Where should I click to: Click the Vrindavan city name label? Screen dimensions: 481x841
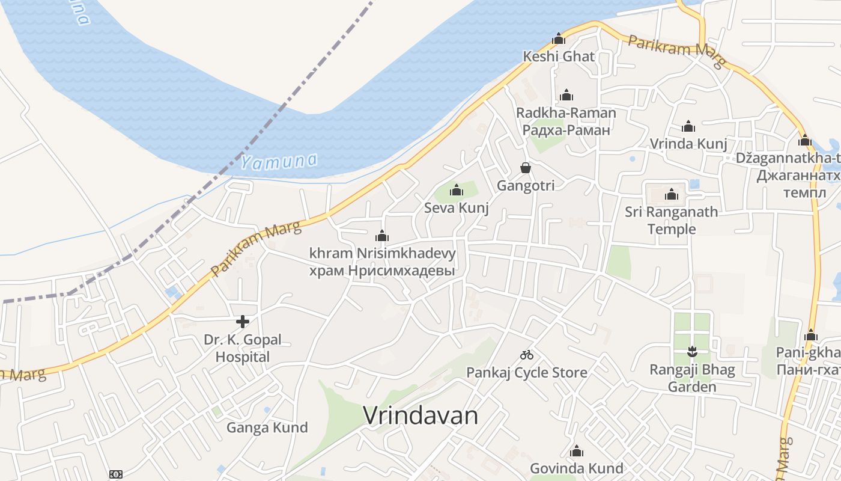click(x=421, y=415)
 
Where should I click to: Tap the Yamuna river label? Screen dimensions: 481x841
click(x=279, y=161)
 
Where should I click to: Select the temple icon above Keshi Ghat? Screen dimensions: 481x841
click(x=559, y=39)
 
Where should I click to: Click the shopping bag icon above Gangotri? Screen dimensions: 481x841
click(x=526, y=168)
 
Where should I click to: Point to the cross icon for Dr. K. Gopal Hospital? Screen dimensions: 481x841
click(x=243, y=322)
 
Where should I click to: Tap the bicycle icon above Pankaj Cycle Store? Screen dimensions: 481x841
click(x=527, y=355)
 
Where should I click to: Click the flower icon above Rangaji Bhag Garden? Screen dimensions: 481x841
click(x=692, y=351)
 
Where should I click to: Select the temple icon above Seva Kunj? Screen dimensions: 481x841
click(x=457, y=191)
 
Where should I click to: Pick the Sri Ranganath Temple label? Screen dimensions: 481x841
click(x=672, y=220)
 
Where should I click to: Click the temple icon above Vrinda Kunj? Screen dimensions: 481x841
click(x=688, y=126)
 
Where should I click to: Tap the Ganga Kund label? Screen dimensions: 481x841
click(x=267, y=427)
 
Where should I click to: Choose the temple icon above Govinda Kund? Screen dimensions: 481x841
click(x=577, y=451)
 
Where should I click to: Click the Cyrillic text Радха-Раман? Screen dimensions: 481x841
click(x=566, y=130)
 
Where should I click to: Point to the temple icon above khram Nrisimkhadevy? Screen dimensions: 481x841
click(x=382, y=236)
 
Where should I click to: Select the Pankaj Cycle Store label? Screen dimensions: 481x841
click(x=527, y=373)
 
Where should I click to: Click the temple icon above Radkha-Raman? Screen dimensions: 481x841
click(x=566, y=95)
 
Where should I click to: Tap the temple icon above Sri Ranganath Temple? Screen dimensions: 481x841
click(x=672, y=194)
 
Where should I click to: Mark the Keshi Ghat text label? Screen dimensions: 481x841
click(x=559, y=57)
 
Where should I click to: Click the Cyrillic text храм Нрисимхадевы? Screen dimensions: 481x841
click(x=381, y=271)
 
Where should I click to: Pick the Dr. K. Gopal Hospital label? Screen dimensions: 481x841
click(x=243, y=348)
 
